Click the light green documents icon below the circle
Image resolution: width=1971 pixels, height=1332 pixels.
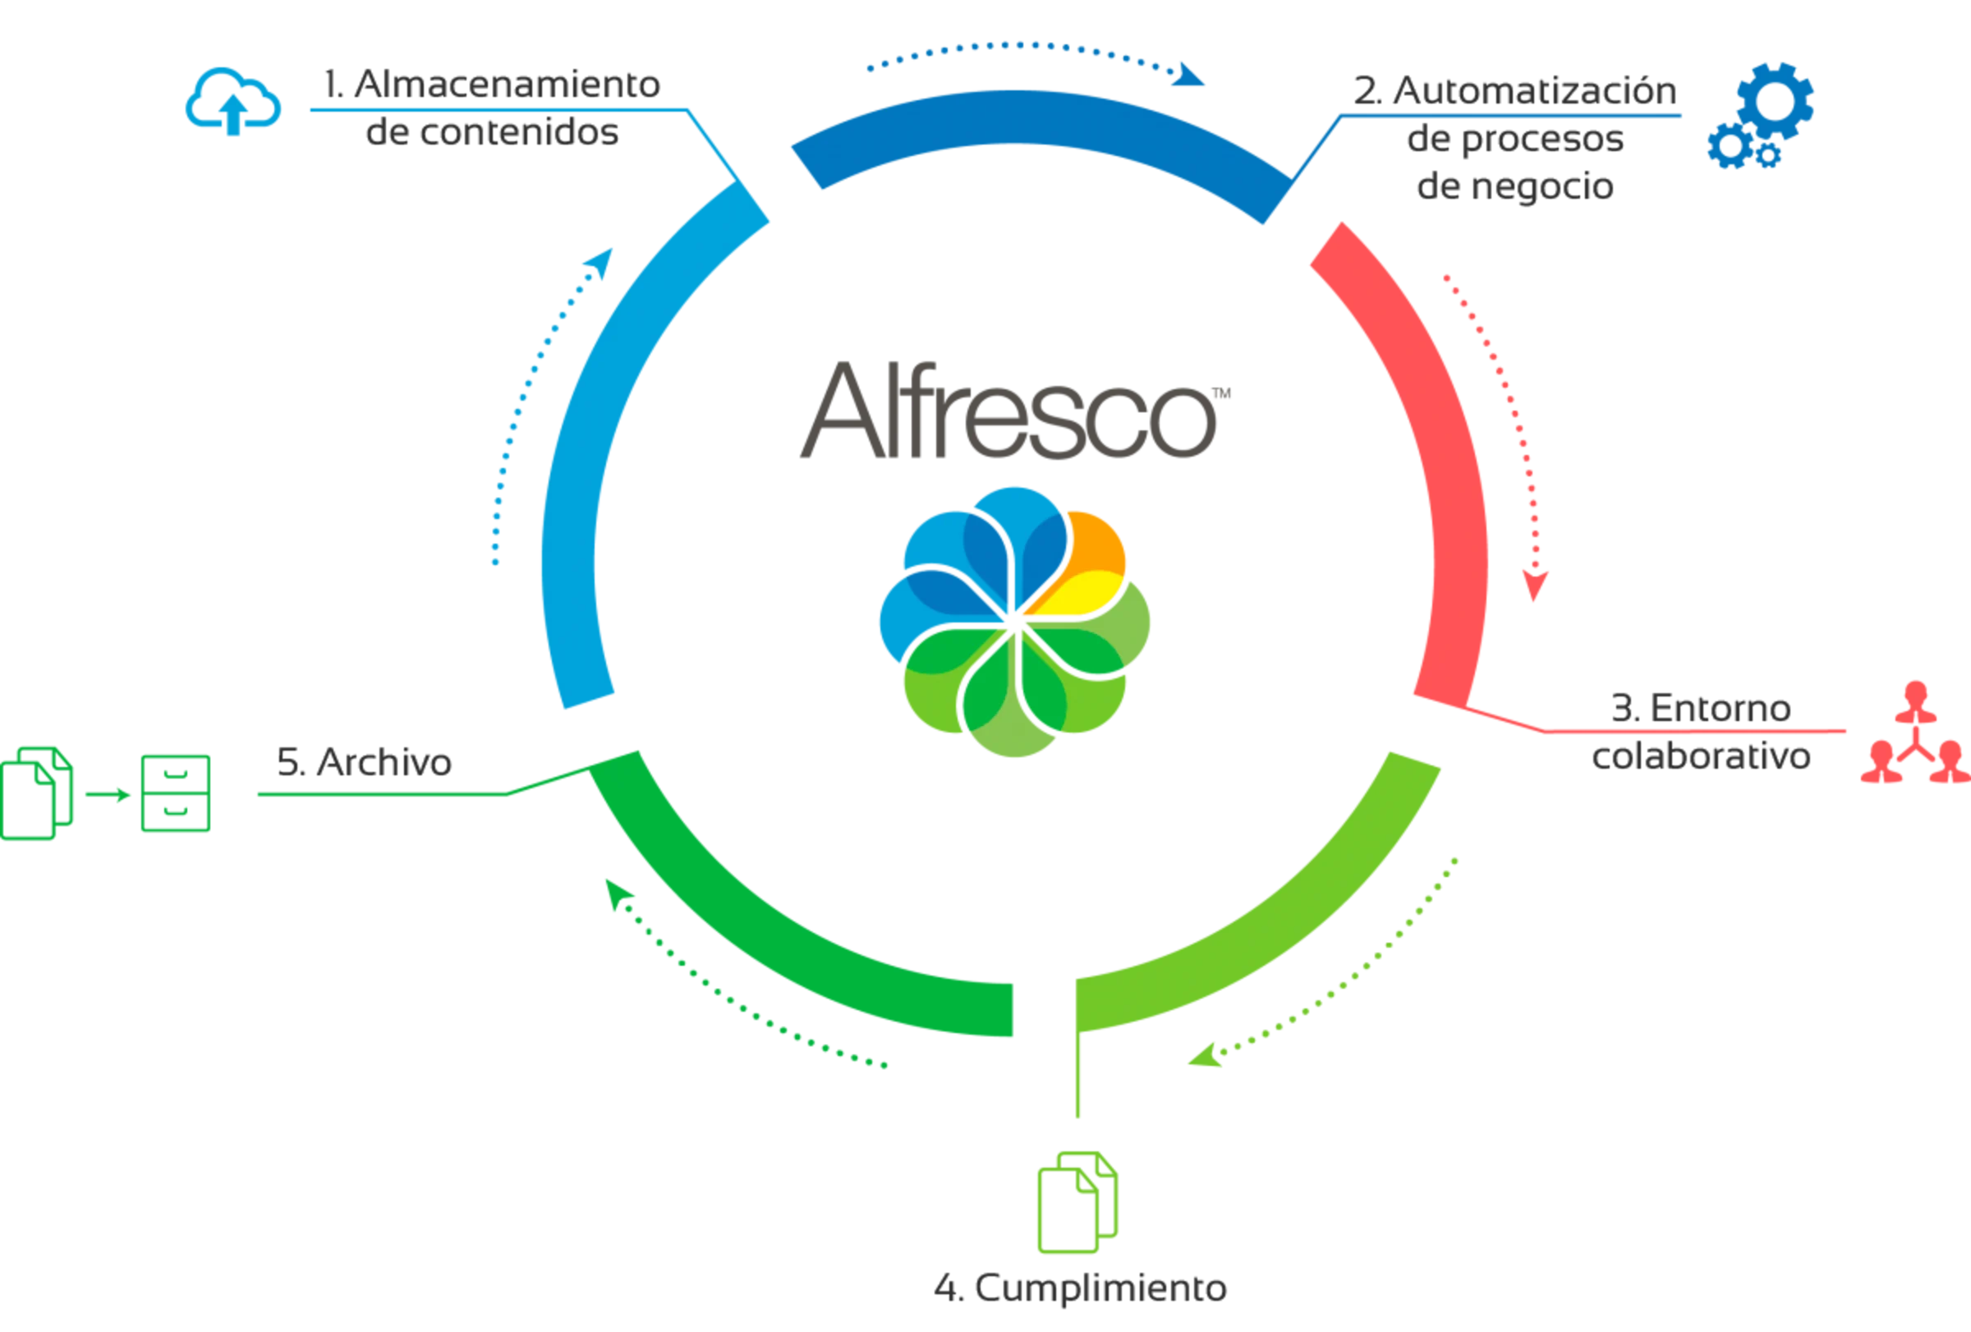pyautogui.click(x=1075, y=1204)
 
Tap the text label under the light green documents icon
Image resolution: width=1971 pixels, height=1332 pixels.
pyautogui.click(x=1081, y=1289)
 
